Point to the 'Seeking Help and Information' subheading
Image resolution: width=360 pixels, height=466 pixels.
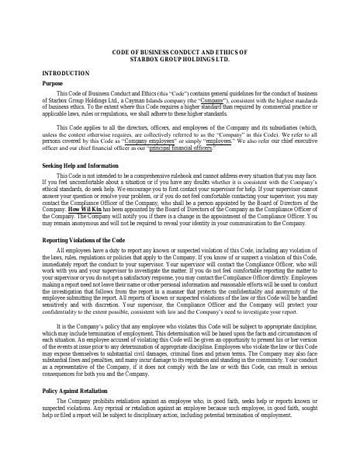pyautogui.click(x=80, y=165)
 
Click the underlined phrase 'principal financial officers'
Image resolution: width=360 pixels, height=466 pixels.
pyautogui.click(x=180, y=148)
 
